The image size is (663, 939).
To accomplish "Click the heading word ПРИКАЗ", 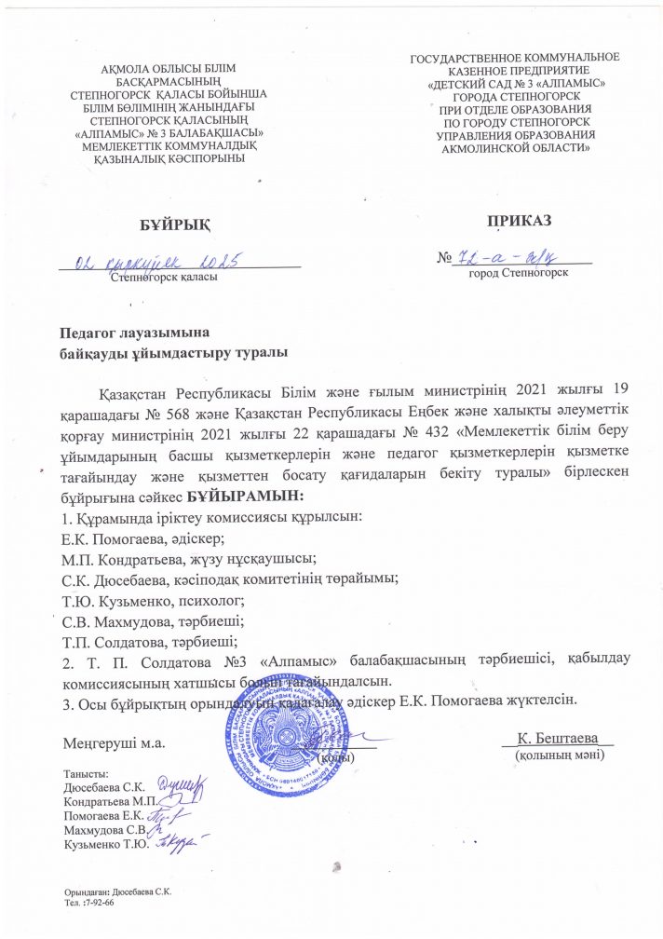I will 518,221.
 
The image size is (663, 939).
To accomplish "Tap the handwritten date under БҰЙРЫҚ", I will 158,261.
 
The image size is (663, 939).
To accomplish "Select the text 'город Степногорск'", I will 519,274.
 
